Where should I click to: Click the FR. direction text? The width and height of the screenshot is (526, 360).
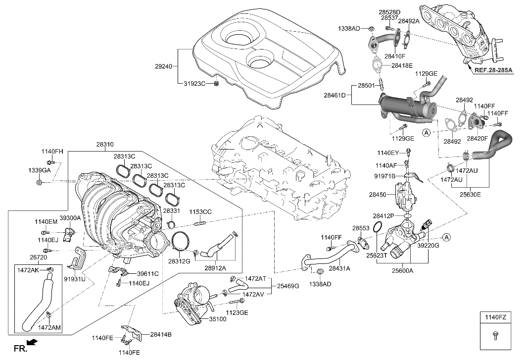point(19,349)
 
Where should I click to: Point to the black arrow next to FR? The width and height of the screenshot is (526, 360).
point(33,342)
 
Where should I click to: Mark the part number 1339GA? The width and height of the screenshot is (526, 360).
point(39,170)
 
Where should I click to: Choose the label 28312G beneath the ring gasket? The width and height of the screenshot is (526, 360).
point(179,260)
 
